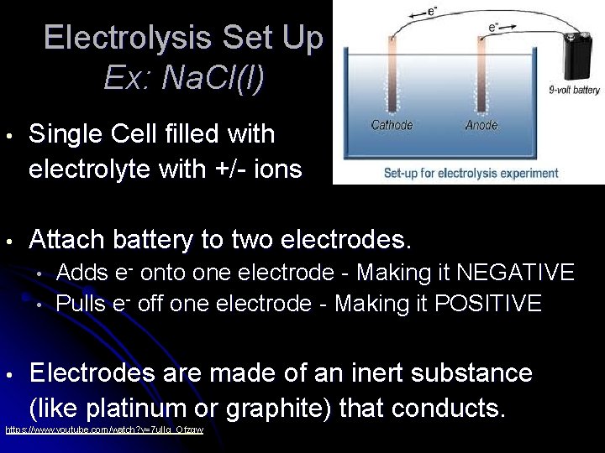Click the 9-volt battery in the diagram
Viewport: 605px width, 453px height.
pos(578,57)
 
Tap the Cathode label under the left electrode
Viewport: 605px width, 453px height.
pos(392,125)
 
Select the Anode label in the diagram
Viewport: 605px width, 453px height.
pos(481,125)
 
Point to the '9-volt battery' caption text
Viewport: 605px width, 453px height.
pos(575,90)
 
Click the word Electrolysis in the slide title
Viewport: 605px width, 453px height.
pos(127,39)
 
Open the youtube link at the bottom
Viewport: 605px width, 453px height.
pos(104,430)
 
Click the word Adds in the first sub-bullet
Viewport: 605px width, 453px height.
pos(82,273)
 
